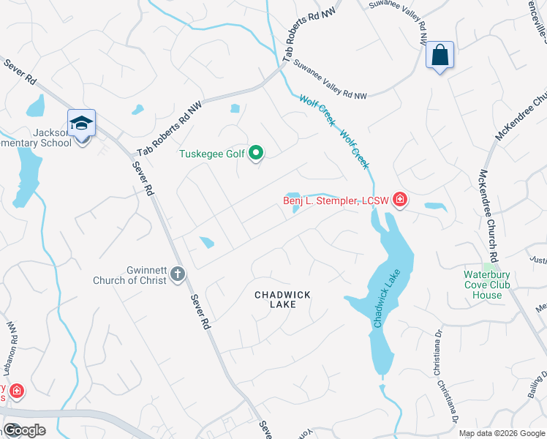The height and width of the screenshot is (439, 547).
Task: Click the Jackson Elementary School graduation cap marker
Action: tap(81, 123)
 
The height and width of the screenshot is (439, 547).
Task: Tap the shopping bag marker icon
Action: tap(440, 56)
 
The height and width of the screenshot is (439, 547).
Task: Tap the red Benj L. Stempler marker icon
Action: tap(399, 199)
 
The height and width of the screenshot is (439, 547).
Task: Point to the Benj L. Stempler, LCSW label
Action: tap(336, 200)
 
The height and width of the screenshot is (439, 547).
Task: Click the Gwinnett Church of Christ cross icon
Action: tap(177, 275)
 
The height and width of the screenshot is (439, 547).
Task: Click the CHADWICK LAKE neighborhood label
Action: tap(282, 299)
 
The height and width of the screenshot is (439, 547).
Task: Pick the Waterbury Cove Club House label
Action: tap(486, 285)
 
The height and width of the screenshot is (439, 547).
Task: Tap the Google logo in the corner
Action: tap(23, 430)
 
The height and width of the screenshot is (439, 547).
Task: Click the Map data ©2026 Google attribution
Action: tap(501, 433)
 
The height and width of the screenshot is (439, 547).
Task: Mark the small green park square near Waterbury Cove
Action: tap(487, 267)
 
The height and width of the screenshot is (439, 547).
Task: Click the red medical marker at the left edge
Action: tap(16, 391)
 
